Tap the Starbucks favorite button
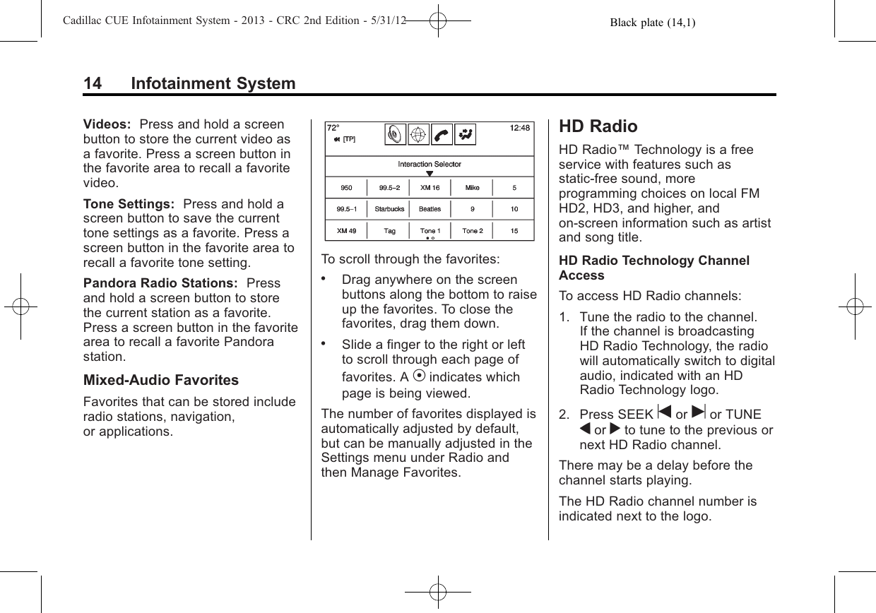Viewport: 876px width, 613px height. [x=389, y=209]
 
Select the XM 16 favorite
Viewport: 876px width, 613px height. [x=430, y=188]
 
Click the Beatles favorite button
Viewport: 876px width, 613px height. [x=430, y=209]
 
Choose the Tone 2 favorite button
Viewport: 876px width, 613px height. [x=472, y=231]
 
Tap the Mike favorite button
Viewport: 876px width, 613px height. [x=472, y=188]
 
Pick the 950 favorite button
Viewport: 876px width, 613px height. [x=346, y=188]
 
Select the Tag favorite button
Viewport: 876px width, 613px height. [x=389, y=231]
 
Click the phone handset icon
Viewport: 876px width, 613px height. [x=442, y=135]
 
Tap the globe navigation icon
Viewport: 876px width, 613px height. [x=420, y=135]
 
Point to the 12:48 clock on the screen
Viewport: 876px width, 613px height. [x=520, y=128]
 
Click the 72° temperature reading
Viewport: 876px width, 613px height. [x=333, y=128]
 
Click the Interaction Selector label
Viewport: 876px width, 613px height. [x=430, y=165]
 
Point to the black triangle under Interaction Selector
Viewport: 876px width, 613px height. [x=430, y=174]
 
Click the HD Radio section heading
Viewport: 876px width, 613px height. [x=598, y=126]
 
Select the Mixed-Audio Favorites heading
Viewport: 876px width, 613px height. [x=161, y=381]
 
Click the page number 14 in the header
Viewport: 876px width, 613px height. [x=92, y=84]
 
